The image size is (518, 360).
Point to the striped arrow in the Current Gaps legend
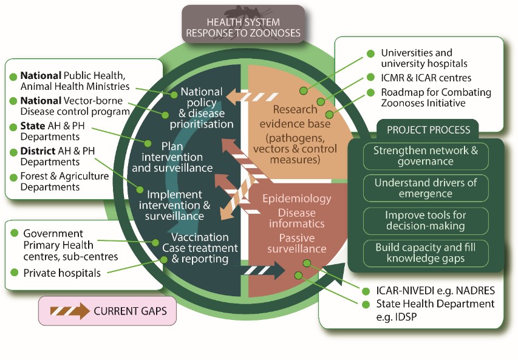(x=69, y=311)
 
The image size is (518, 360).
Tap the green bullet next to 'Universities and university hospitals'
(x=370, y=53)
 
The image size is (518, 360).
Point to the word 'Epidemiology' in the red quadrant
(x=296, y=199)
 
